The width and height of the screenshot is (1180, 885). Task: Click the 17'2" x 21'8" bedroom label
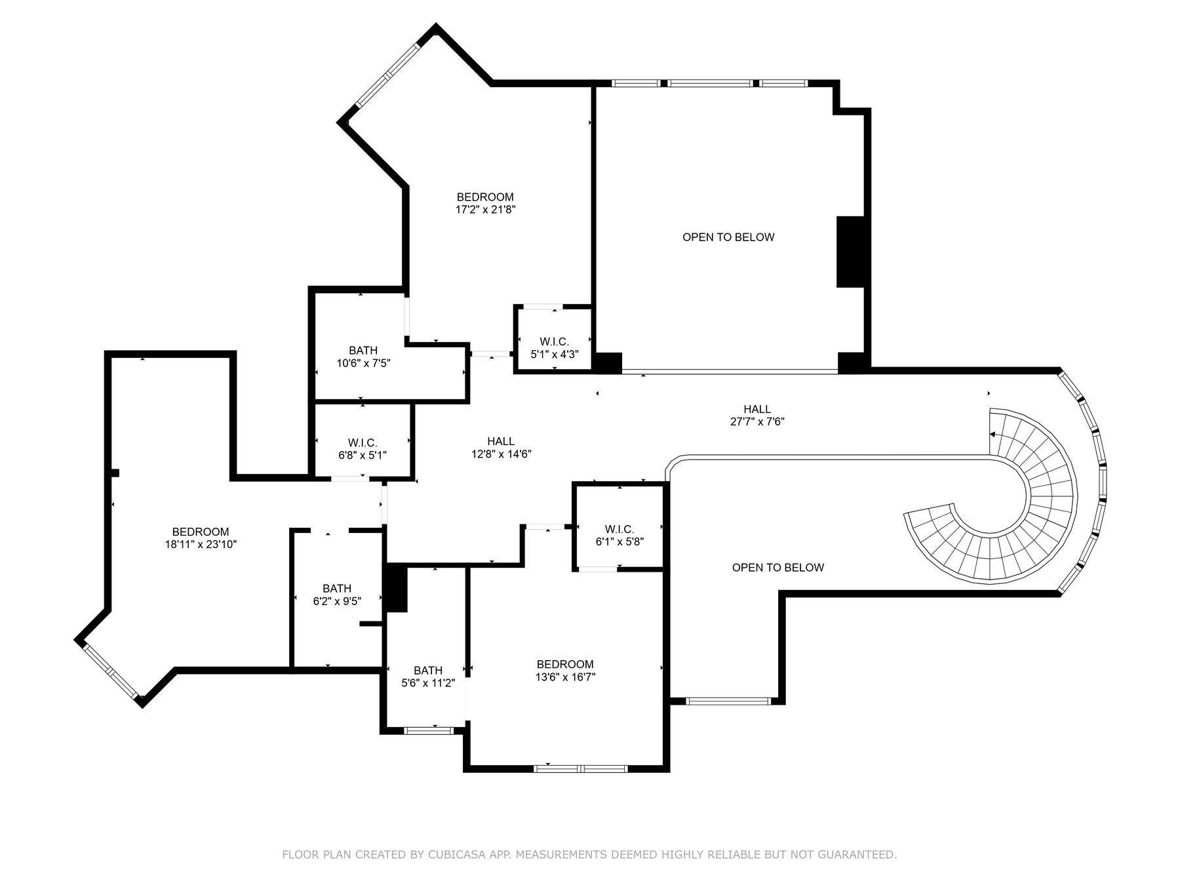(x=485, y=203)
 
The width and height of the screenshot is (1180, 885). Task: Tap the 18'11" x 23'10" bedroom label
(x=201, y=538)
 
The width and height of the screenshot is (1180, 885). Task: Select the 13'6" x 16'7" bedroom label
(x=565, y=671)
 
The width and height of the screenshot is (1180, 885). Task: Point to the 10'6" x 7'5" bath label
(x=363, y=357)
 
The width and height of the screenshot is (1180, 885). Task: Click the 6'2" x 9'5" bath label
(x=337, y=595)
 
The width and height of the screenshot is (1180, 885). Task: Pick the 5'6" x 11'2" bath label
(x=427, y=677)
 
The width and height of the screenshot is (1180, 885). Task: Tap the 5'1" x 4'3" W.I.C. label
(x=554, y=347)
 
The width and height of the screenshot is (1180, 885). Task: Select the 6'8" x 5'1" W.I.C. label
(x=363, y=448)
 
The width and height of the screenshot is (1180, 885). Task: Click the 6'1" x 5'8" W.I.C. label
(x=619, y=536)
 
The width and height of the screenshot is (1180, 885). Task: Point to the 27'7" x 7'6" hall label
(x=757, y=416)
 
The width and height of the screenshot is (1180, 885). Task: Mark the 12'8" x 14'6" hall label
(x=501, y=448)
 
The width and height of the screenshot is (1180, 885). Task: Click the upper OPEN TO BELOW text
(x=728, y=237)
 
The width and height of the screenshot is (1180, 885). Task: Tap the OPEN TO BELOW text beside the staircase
(x=777, y=568)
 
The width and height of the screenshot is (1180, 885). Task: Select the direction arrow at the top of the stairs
(x=993, y=434)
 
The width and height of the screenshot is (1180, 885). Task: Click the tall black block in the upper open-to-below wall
(x=850, y=252)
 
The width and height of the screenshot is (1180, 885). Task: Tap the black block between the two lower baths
(x=396, y=588)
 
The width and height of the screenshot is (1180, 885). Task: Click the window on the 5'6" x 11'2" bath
(x=429, y=730)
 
